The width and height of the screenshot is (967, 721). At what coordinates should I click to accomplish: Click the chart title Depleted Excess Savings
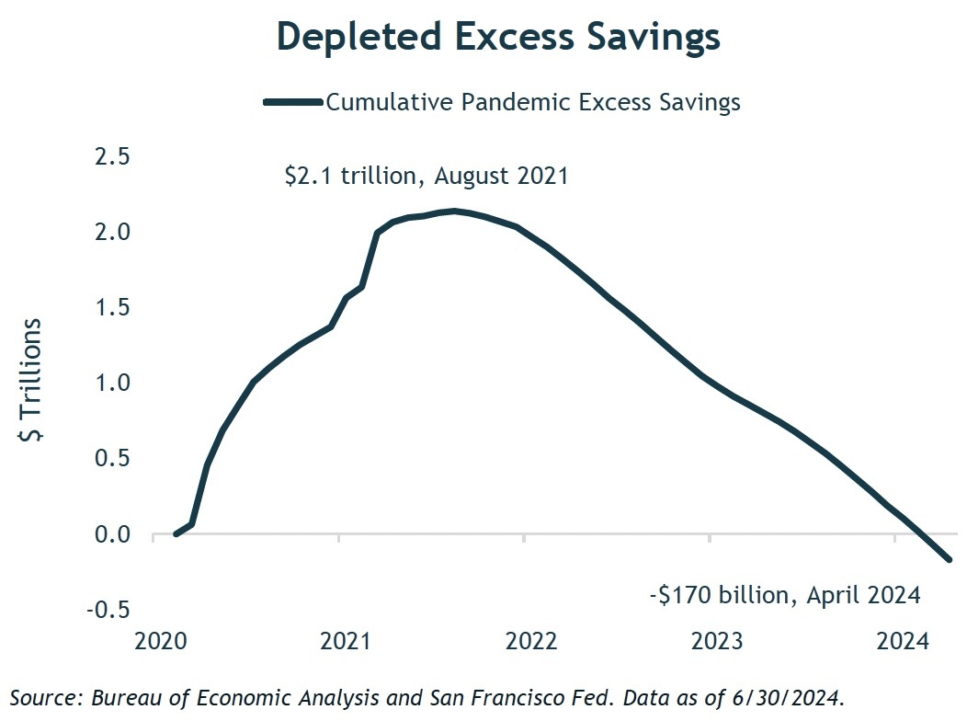tap(498, 39)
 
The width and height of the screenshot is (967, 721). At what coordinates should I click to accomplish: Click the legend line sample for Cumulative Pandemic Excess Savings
tap(292, 102)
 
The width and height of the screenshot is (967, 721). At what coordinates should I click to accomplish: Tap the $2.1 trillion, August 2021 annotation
tap(427, 175)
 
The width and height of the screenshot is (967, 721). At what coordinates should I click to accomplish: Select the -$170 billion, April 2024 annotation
tap(785, 595)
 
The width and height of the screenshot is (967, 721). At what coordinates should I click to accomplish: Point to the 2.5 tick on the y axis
tap(113, 156)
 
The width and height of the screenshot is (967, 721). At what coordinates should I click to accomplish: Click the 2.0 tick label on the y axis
tap(113, 232)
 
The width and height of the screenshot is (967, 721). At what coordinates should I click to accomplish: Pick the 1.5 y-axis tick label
tap(113, 307)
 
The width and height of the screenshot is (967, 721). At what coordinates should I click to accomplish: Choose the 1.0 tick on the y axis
tap(113, 383)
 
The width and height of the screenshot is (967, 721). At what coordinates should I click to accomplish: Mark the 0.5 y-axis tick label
tap(113, 458)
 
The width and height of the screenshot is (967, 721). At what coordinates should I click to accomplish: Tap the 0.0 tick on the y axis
tap(113, 533)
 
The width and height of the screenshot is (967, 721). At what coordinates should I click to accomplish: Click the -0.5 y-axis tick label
tap(108, 609)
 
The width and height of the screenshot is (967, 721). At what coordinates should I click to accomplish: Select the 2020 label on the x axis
tap(161, 640)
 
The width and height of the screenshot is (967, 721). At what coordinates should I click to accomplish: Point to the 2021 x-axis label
tap(346, 640)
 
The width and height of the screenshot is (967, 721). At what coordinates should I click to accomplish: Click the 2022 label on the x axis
tap(530, 640)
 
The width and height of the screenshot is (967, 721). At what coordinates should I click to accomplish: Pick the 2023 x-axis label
tap(716, 640)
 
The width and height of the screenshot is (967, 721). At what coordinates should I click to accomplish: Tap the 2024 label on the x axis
tap(901, 640)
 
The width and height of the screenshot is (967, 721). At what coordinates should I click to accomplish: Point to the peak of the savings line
tap(453, 212)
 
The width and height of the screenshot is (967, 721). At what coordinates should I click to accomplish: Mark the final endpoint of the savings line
tap(950, 559)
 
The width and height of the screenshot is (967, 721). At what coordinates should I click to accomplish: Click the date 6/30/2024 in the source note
tap(801, 697)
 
